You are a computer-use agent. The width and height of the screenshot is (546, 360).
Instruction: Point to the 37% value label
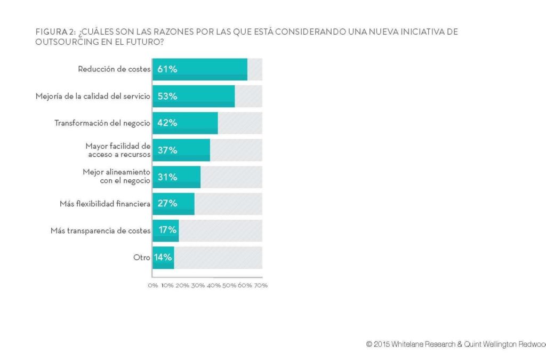coord(167,150)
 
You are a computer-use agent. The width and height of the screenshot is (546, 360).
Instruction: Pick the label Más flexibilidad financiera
coord(105,204)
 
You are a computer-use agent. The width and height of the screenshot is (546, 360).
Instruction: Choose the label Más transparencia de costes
coord(101,231)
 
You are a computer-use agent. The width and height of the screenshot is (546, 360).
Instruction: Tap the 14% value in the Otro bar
coord(163,258)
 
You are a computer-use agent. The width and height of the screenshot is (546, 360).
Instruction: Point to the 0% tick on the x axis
coord(153,285)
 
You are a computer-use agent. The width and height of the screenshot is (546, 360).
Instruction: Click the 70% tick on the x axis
coord(261,285)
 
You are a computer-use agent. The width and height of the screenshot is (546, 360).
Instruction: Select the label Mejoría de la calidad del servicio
coord(93,97)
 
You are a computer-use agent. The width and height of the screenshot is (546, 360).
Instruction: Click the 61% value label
coord(167,69)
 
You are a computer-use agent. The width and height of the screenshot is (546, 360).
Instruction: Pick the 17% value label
coord(168,231)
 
